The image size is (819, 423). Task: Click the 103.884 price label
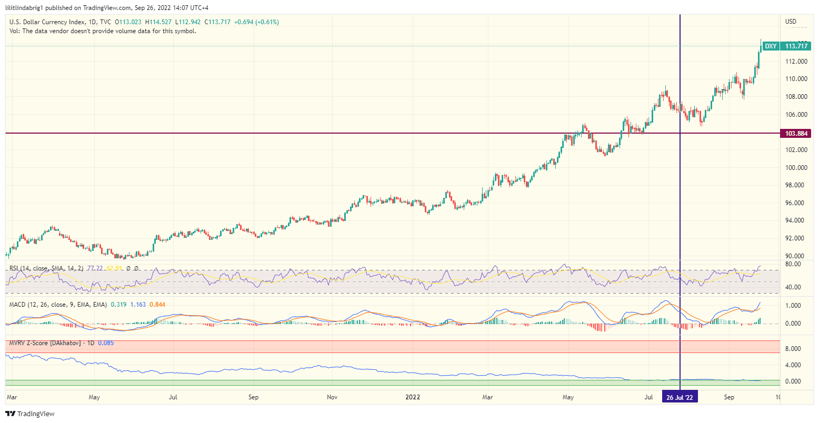click(x=796, y=134)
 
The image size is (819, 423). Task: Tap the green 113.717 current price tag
click(x=796, y=46)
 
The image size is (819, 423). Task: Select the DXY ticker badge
click(x=771, y=46)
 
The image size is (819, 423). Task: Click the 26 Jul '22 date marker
click(x=680, y=397)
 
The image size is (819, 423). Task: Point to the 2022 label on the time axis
click(x=413, y=397)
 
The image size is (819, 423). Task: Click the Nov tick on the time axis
click(x=332, y=397)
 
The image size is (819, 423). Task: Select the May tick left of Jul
click(x=94, y=397)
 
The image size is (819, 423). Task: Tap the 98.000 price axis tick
click(x=796, y=185)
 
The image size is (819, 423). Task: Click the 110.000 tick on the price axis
click(x=796, y=79)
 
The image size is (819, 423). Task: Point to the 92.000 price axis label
click(x=796, y=238)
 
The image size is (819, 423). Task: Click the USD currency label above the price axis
click(x=791, y=22)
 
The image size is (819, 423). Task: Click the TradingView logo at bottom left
click(x=30, y=414)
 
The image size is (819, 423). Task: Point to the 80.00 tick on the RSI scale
click(x=793, y=264)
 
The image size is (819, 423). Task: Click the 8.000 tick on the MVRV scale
click(x=794, y=349)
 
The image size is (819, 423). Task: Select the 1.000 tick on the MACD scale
click(x=794, y=306)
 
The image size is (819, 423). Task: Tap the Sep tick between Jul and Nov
click(x=253, y=397)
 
